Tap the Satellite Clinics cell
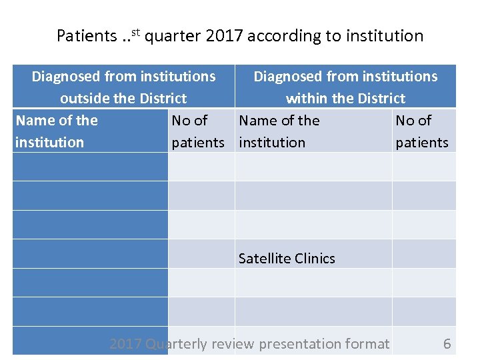(287, 259)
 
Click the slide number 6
(447, 344)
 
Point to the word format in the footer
(369, 344)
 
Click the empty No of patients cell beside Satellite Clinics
(424, 254)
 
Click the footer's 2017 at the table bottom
(125, 344)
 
